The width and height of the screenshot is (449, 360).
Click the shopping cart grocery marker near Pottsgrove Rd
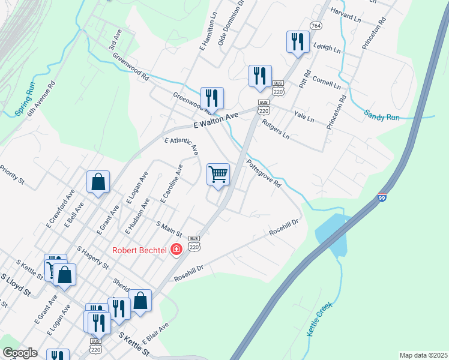218,175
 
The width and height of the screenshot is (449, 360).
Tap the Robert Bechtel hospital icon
176,249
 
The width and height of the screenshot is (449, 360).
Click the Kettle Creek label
319,320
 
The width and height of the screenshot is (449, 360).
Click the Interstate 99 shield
382,198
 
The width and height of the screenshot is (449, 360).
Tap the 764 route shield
316,25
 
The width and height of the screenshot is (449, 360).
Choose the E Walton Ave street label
216,122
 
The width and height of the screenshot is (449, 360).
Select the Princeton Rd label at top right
372,34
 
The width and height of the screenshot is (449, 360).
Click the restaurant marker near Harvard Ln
297,42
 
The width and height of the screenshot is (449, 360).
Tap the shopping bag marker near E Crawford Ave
98,182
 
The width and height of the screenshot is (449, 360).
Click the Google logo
20,353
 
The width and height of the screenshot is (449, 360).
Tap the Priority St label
11,173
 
